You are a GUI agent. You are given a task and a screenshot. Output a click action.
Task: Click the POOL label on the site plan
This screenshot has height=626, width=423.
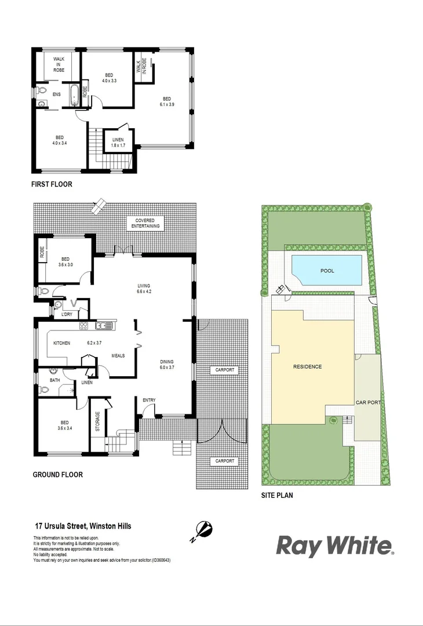pos(327,271)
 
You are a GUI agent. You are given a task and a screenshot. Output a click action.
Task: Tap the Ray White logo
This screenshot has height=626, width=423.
pos(334,546)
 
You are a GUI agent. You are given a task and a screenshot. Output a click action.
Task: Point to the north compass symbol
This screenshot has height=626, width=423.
pos(203,530)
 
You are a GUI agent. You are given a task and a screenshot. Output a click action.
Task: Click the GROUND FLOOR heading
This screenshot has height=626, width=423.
pos(57,475)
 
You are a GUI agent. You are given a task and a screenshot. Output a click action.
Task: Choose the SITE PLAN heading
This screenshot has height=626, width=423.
pos(281,496)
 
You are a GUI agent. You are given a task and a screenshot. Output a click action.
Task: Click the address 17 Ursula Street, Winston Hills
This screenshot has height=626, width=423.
pos(83,526)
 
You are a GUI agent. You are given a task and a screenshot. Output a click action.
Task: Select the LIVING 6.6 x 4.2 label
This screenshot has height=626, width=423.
pos(144,289)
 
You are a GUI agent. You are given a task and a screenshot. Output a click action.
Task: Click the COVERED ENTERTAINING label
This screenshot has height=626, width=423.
pos(147,223)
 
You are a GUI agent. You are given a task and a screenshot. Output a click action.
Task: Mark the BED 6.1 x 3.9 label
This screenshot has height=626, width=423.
pos(167,101)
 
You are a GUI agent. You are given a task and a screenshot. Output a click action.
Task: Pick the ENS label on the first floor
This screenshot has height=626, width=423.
pos(56,94)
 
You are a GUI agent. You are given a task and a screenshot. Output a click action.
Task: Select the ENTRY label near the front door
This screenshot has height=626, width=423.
pos(149,400)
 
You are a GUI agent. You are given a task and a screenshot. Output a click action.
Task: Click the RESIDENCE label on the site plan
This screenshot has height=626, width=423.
pos(307,366)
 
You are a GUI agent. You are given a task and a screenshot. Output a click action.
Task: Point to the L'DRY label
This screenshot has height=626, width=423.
pos(66,314)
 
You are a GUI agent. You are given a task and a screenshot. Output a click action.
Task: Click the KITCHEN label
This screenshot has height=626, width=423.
pos(62,343)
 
